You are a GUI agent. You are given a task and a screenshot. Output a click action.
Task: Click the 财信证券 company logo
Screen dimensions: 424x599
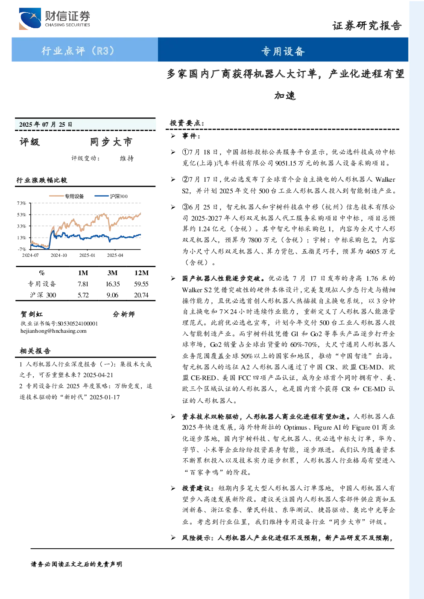click(x=55, y=18)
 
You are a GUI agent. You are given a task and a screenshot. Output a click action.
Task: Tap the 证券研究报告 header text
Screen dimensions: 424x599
click(x=367, y=26)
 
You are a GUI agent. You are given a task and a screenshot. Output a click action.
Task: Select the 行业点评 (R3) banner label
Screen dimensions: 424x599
click(x=78, y=50)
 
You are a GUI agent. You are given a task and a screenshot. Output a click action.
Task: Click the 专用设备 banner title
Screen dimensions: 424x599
click(x=283, y=51)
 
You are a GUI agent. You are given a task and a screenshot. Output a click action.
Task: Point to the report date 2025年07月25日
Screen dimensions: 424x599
click(x=46, y=124)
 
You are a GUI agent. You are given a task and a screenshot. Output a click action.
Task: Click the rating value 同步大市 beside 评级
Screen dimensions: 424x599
click(x=111, y=142)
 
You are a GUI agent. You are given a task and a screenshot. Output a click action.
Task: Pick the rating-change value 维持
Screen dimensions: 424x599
click(x=127, y=158)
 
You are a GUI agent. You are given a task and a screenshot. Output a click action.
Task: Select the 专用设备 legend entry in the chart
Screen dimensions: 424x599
click(x=66, y=196)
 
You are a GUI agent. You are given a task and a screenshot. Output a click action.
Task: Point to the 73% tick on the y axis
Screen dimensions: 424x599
click(x=21, y=203)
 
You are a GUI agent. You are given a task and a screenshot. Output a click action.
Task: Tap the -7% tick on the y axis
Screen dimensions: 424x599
click(x=22, y=249)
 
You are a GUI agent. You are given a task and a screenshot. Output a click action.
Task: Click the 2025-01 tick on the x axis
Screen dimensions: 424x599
click(x=87, y=256)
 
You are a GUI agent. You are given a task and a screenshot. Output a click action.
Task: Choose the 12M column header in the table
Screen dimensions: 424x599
click(x=141, y=273)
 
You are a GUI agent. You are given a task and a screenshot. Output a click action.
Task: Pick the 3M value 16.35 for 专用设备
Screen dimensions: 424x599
click(x=113, y=284)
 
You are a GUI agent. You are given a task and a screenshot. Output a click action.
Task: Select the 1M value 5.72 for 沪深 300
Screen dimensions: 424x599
click(x=83, y=295)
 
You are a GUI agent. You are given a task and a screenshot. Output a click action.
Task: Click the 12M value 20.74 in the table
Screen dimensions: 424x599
click(x=141, y=295)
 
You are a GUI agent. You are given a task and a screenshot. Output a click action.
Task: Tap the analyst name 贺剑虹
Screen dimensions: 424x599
click(x=32, y=314)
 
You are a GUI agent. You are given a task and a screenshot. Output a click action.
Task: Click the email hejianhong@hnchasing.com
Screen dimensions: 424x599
click(x=53, y=331)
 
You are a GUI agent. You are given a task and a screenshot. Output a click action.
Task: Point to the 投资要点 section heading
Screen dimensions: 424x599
click(x=187, y=123)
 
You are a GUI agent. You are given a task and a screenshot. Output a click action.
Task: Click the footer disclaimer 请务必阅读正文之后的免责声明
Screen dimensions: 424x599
click(x=76, y=564)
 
